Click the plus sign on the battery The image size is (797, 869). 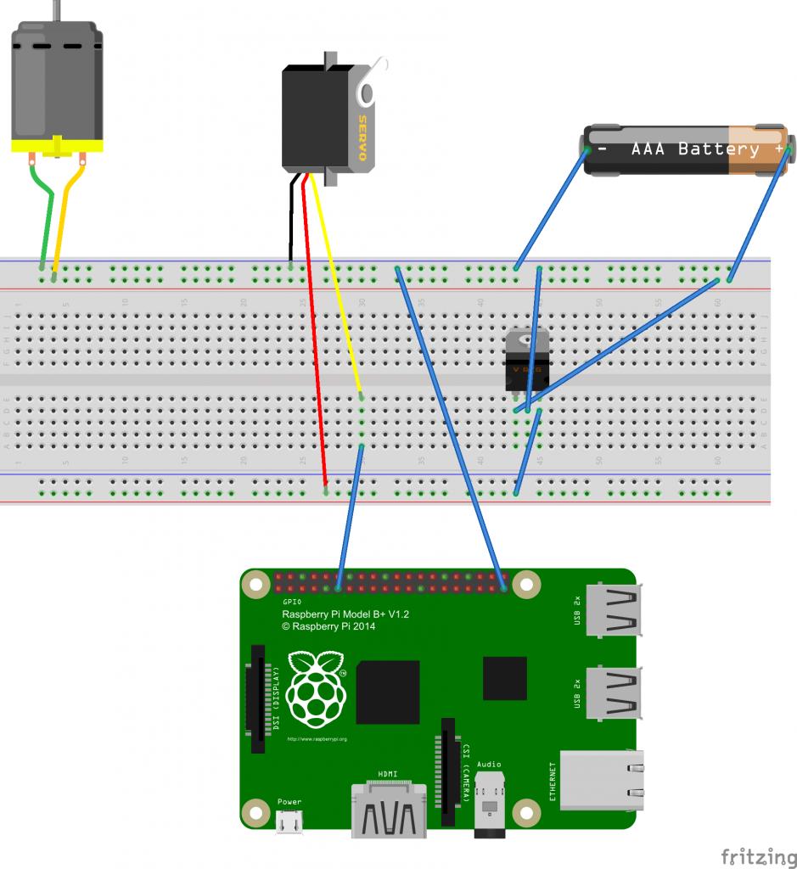click(778, 149)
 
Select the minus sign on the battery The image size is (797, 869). click(602, 149)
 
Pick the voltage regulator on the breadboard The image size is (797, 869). click(527, 361)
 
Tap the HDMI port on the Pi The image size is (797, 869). click(390, 810)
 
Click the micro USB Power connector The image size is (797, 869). click(289, 822)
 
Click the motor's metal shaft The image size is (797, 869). click(57, 10)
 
